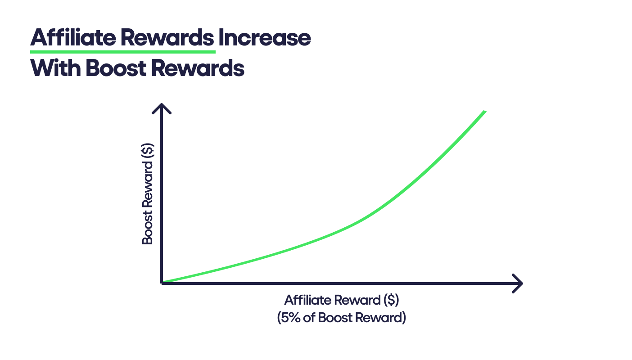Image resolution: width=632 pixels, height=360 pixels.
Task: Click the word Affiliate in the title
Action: pyautogui.click(x=72, y=38)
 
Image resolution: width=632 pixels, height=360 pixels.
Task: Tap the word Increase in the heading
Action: pyautogui.click(x=264, y=38)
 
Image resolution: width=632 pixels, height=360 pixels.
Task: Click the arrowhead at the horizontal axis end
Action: pyautogui.click(x=518, y=283)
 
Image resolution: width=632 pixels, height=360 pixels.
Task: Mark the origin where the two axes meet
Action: pyautogui.click(x=162, y=283)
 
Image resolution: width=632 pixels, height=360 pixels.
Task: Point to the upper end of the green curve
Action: pyautogui.click(x=484, y=112)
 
